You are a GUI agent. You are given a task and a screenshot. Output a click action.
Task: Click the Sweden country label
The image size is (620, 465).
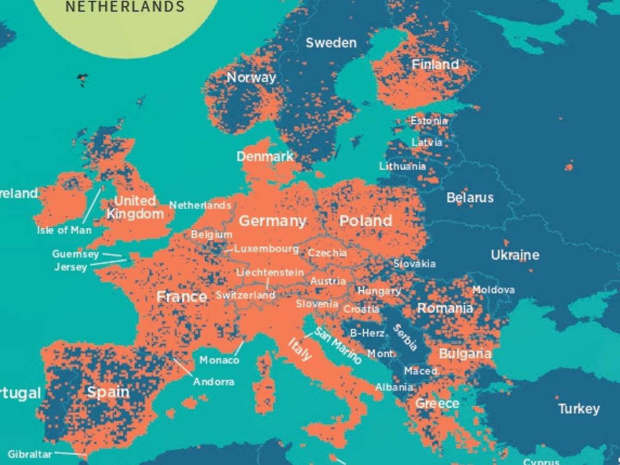(x=331, y=43)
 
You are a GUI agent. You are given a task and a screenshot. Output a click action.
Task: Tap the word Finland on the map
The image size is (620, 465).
(x=435, y=65)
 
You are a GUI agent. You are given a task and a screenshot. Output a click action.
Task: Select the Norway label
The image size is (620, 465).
(x=252, y=78)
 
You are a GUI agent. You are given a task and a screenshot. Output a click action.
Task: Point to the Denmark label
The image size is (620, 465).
(x=265, y=157)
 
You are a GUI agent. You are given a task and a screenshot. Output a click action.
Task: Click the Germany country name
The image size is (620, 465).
(x=272, y=221)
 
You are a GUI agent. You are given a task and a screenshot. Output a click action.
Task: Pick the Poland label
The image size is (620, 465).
(x=365, y=221)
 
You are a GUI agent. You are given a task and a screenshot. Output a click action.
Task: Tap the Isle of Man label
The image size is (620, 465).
(x=64, y=230)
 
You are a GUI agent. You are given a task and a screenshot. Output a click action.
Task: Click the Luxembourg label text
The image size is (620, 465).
(x=266, y=249)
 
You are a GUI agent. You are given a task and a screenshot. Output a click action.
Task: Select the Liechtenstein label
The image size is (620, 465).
(x=270, y=272)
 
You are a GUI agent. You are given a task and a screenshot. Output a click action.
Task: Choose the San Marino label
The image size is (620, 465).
(x=338, y=346)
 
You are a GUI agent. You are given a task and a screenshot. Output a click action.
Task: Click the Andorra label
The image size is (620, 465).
(x=213, y=382)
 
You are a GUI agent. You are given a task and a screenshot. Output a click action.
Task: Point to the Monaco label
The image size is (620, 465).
(x=219, y=360)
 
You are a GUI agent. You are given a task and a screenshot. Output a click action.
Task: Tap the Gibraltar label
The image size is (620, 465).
(x=30, y=455)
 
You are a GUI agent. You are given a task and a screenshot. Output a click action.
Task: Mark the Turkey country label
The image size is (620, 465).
(x=579, y=409)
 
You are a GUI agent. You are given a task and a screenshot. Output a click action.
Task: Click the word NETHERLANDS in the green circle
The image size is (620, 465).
(x=125, y=7)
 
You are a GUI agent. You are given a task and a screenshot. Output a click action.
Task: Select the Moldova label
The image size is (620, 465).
(x=493, y=290)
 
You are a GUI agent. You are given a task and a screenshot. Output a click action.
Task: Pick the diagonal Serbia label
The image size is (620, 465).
(x=405, y=337)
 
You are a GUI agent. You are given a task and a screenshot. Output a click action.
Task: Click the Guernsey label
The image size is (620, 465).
(x=75, y=254)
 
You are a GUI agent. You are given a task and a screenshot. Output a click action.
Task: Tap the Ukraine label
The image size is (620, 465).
(x=515, y=255)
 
